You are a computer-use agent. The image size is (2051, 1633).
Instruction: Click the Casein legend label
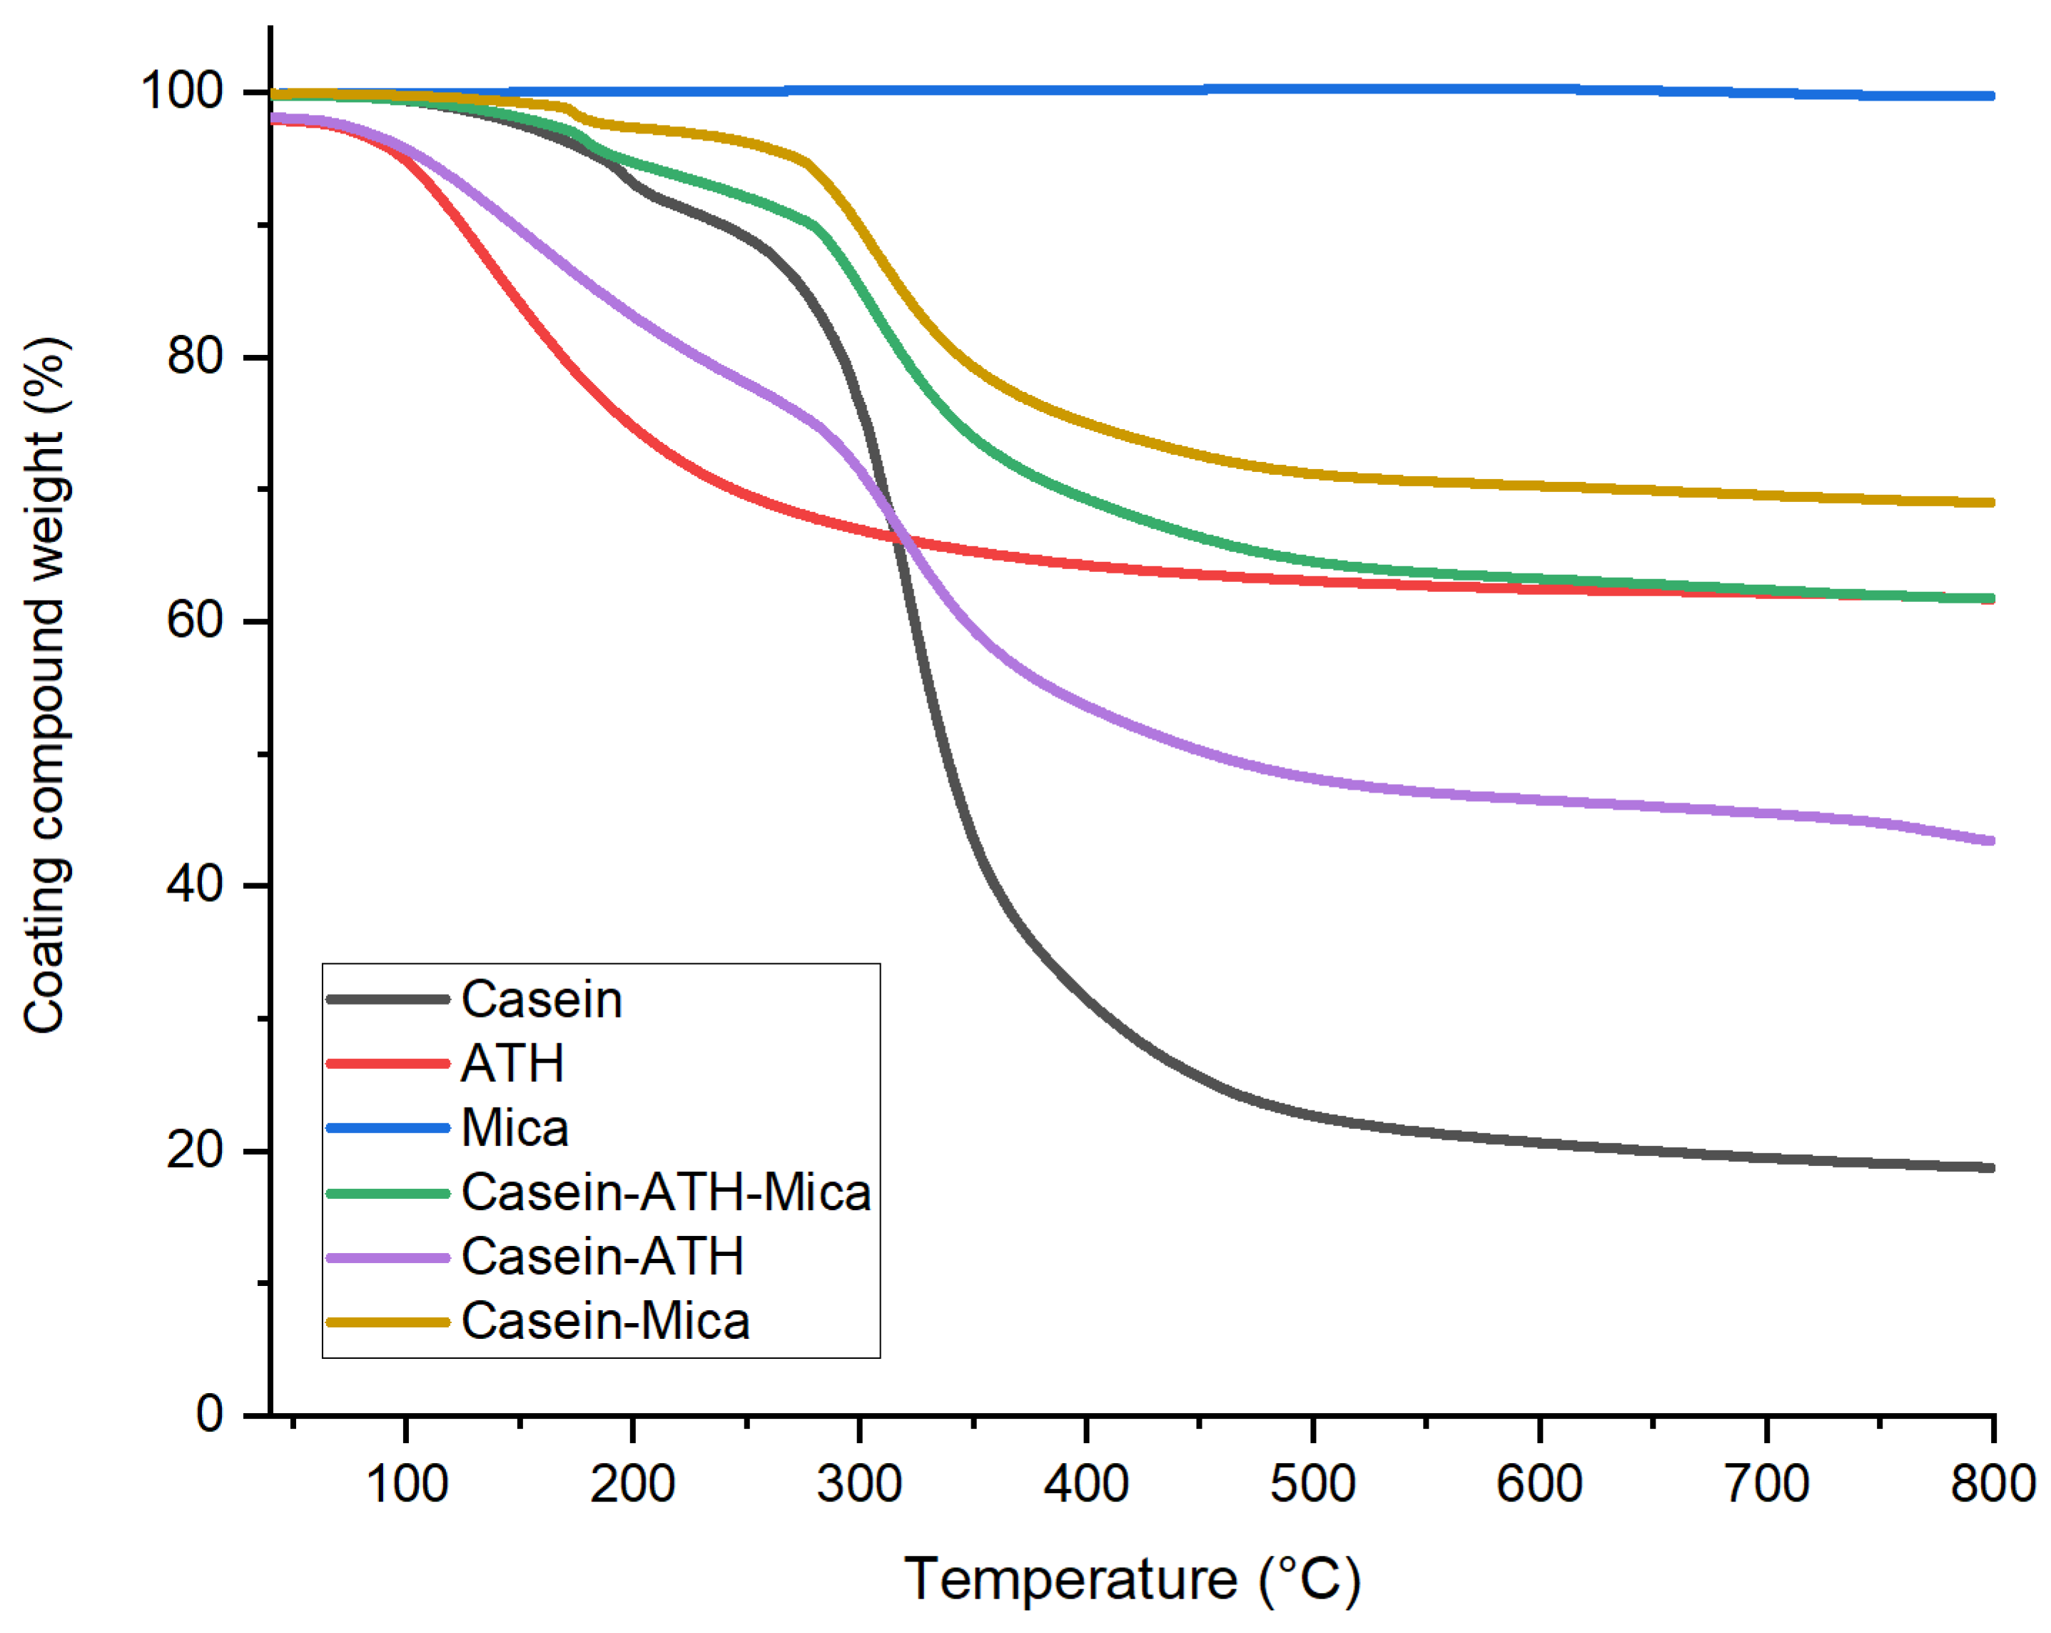coord(541,999)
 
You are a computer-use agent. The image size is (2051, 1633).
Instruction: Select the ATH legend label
coord(512,1063)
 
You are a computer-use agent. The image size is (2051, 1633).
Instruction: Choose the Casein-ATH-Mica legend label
coord(666,1192)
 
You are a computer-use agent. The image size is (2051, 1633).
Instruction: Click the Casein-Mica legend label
coord(605,1321)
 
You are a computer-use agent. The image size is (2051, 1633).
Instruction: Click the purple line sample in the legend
coord(388,1257)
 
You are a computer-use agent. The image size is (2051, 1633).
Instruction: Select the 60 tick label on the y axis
coord(194,620)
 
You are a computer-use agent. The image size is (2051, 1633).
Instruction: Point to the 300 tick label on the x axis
coord(859,1484)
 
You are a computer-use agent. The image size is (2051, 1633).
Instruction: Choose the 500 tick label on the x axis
coord(1313,1484)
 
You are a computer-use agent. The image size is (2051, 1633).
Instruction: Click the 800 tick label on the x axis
coord(1992,1484)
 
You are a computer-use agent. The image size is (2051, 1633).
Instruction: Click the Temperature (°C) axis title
coord(1132,1579)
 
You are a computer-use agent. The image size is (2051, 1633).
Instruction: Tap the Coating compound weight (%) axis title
coord(45,685)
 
